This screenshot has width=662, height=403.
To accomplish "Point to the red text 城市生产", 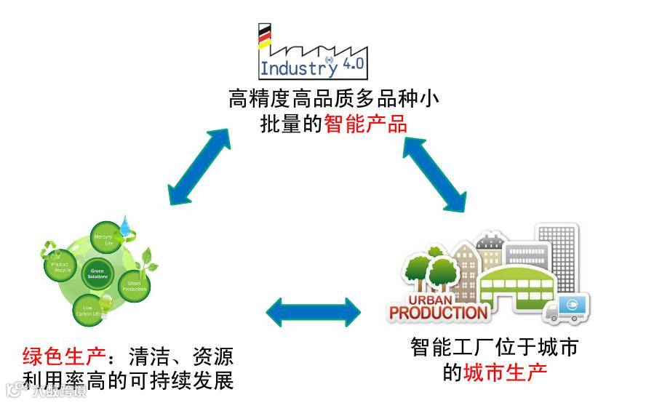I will (505, 372).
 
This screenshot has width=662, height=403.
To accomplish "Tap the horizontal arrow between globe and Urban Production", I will (313, 311).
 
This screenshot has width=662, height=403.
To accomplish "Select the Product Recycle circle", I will (61, 266).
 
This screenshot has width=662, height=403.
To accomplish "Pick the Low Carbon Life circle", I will (89, 309).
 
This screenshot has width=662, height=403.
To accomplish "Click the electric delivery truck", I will (568, 310).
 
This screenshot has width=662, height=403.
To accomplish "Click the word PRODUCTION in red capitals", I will (438, 314).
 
